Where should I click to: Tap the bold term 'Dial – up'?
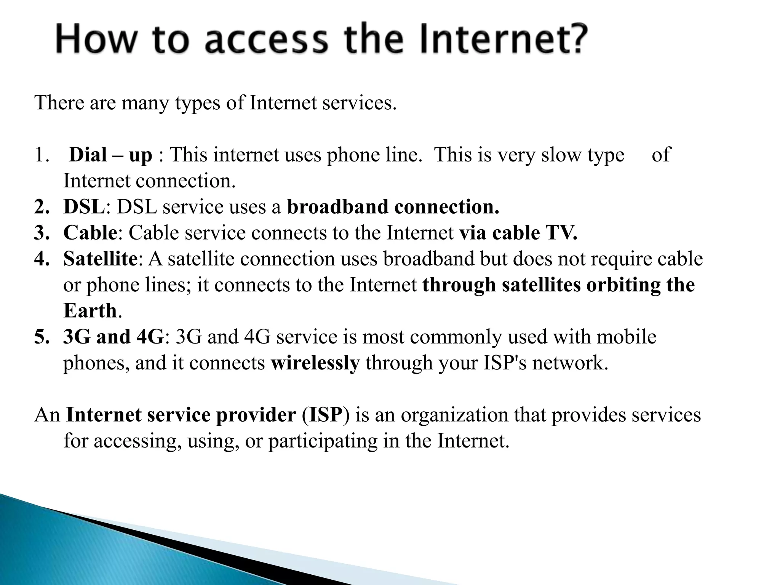point(110,155)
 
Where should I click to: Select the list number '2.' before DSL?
point(42,207)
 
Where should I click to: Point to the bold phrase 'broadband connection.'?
point(393,207)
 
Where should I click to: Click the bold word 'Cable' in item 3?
point(90,233)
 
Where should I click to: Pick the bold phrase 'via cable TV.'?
point(518,233)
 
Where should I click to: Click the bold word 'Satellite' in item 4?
point(100,259)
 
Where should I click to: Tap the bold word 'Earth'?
point(90,310)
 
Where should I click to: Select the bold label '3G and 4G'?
point(113,337)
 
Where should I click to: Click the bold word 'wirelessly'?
point(315,363)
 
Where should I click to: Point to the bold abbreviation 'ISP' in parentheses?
point(325,415)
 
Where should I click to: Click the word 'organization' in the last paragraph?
point(454,415)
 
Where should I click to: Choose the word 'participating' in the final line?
point(323,441)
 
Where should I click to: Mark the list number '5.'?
point(42,337)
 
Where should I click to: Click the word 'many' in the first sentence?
point(145,103)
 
